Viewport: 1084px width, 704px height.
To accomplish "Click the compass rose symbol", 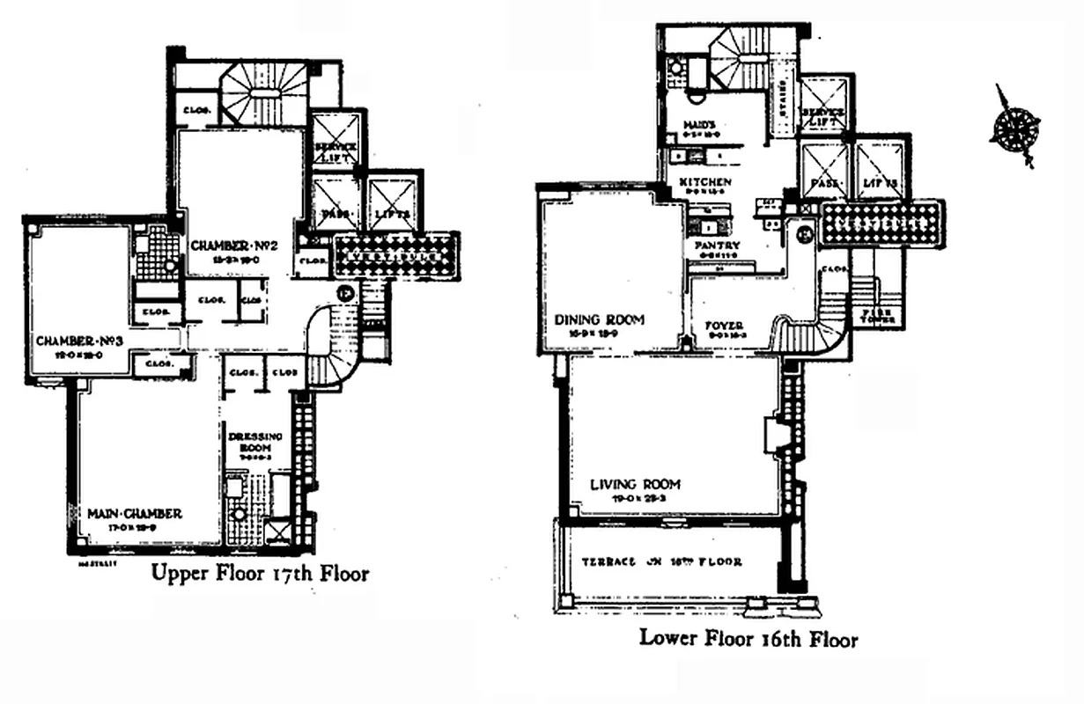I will [1014, 126].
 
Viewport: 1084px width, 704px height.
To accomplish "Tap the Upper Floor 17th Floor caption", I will [260, 574].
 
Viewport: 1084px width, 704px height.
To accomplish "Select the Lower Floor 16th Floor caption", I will [748, 638].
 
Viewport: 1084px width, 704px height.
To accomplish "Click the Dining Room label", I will [600, 319].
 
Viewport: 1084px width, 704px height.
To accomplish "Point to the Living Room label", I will [635, 484].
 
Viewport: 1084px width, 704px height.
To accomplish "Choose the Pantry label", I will [717, 246].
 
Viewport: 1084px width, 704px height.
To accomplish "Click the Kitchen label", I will [704, 182].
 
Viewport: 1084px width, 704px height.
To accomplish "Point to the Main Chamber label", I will [135, 513].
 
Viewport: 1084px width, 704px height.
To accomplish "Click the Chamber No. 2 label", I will [234, 246].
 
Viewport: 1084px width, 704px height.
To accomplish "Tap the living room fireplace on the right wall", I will [774, 435].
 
